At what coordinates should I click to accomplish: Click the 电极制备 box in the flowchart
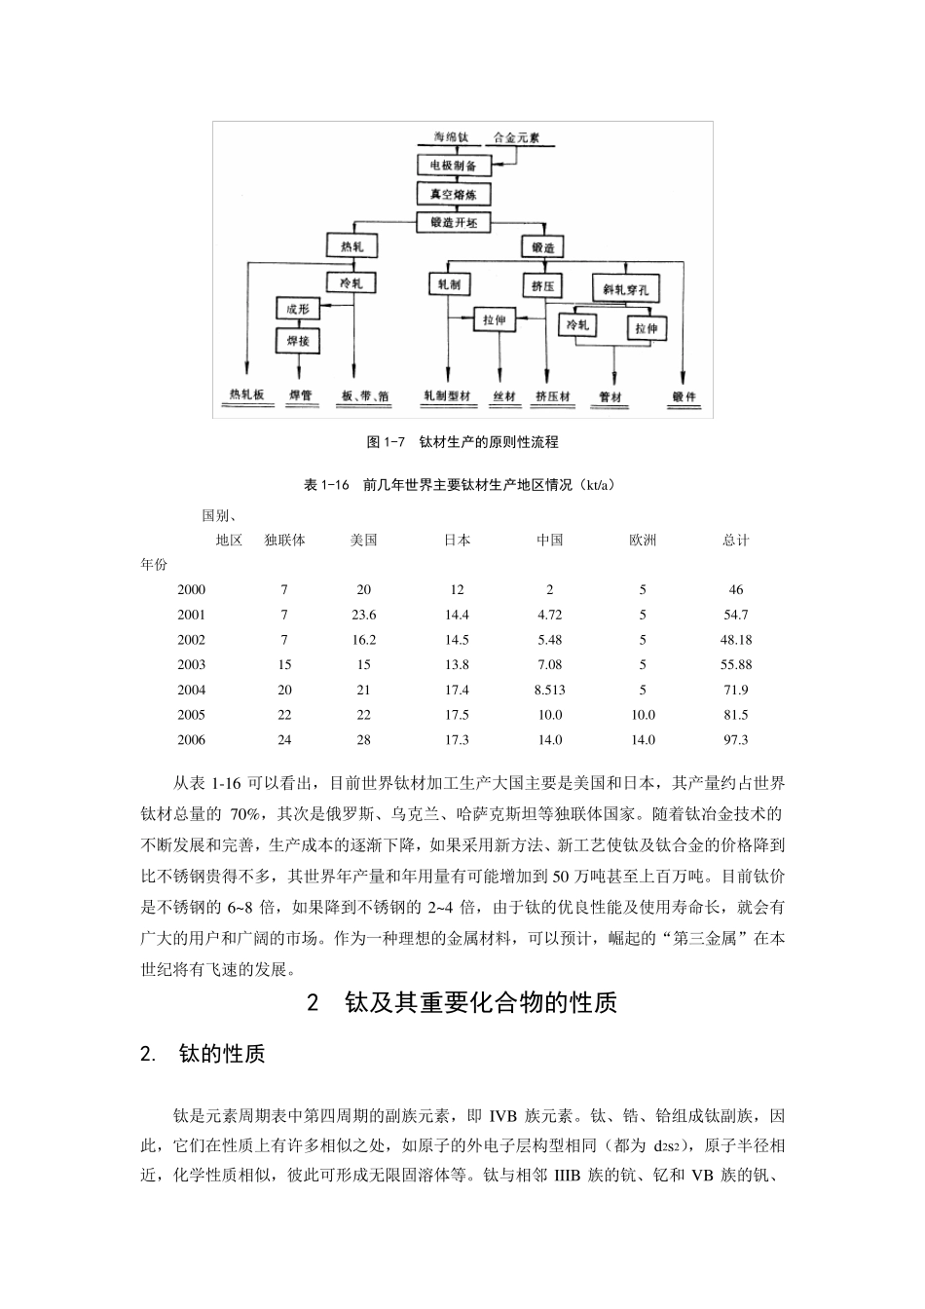point(453,167)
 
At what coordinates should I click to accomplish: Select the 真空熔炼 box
point(453,194)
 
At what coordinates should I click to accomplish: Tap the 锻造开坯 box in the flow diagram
point(453,222)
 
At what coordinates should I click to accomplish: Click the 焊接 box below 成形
point(298,341)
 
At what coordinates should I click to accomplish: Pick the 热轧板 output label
point(246,396)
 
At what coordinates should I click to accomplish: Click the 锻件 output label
point(685,397)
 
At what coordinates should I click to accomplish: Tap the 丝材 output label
point(503,397)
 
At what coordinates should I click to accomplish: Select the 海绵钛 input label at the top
point(452,138)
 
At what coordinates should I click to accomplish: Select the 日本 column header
point(457,540)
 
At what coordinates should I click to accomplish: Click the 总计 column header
point(735,540)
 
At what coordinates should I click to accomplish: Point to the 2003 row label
point(192,664)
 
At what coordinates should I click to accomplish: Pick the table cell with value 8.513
point(549,690)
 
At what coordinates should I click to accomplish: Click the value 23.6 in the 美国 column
point(363,615)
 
